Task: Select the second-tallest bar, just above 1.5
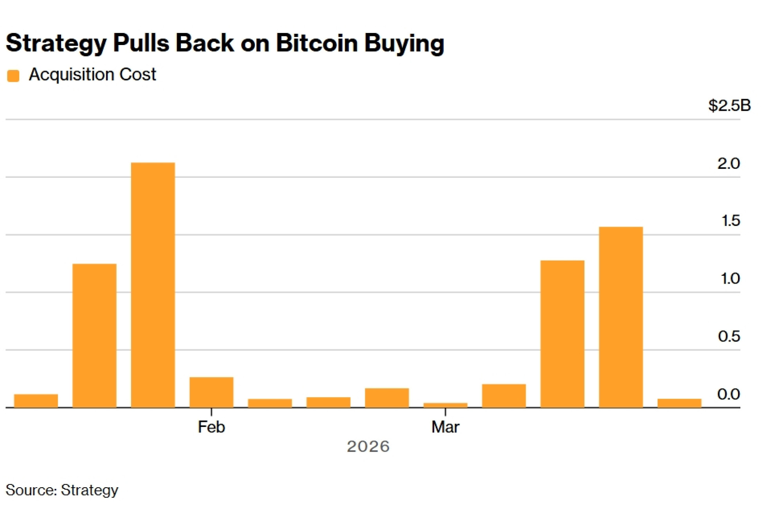click(x=621, y=317)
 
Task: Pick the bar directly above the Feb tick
click(x=211, y=392)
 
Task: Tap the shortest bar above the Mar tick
click(x=445, y=405)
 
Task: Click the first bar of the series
click(x=36, y=401)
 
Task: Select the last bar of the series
click(x=679, y=403)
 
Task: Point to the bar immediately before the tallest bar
click(x=94, y=335)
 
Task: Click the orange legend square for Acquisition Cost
click(x=13, y=76)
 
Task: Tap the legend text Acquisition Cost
click(x=92, y=74)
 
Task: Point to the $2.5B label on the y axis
click(x=729, y=105)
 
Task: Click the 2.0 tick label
click(x=729, y=163)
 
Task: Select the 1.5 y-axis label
click(x=731, y=221)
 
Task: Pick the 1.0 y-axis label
click(x=730, y=278)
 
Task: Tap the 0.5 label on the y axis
click(x=729, y=336)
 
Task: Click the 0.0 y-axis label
click(x=729, y=394)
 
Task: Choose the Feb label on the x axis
click(x=211, y=427)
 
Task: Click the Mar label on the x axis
click(x=445, y=427)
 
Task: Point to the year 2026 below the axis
click(x=368, y=446)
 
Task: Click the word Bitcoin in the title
click(x=317, y=43)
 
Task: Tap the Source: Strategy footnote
click(x=62, y=490)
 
